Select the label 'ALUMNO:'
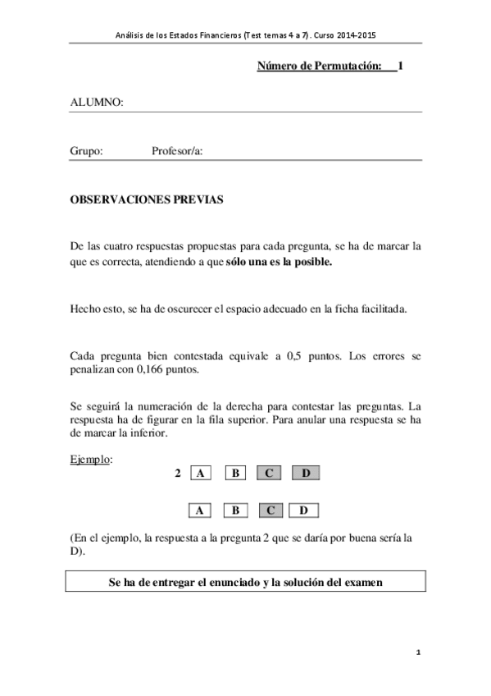point(97,103)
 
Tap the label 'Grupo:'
point(86,151)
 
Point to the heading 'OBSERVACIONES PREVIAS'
point(146,199)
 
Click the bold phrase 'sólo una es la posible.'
point(280,263)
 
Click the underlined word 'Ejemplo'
point(90,459)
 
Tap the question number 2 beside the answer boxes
point(178,473)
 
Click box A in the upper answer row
point(200,473)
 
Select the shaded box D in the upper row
point(305,473)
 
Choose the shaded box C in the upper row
point(270,473)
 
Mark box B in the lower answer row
point(235,511)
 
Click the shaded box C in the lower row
point(270,511)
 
